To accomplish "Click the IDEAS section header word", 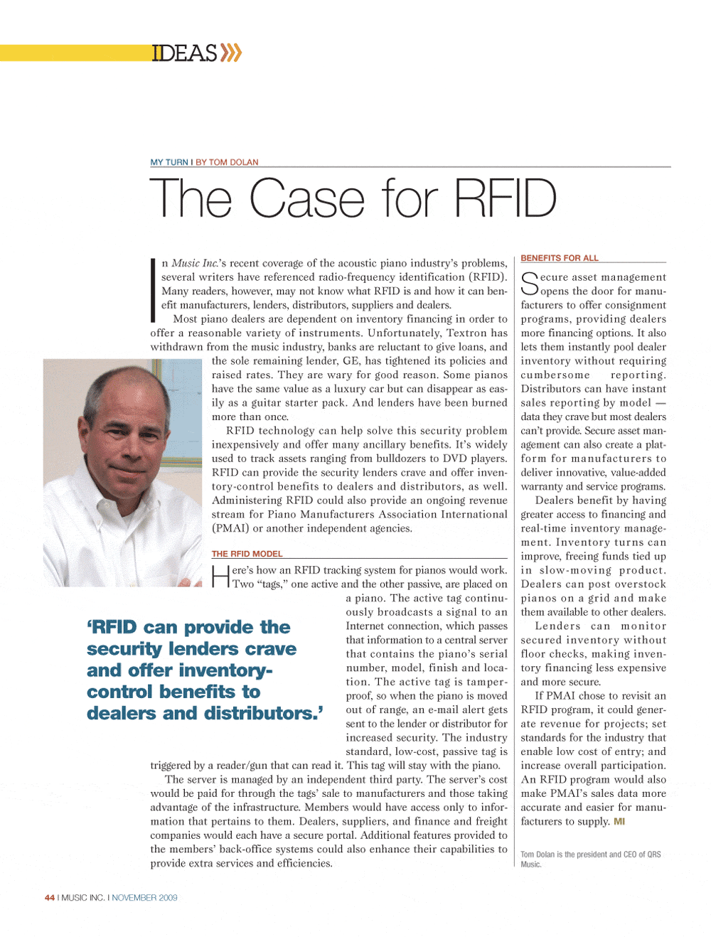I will [x=183, y=53].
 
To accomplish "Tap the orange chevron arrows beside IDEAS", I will [x=231, y=53].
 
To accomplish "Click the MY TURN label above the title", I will [x=169, y=162].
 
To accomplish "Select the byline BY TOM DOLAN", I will [x=227, y=162].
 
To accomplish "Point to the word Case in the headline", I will [x=307, y=198].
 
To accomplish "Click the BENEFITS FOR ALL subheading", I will [x=560, y=258].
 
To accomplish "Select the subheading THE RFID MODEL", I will [x=247, y=554].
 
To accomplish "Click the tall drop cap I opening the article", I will [x=153, y=290].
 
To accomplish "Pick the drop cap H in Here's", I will [x=220, y=576].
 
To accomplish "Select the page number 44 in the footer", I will [x=50, y=898].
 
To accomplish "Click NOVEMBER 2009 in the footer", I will [x=144, y=898].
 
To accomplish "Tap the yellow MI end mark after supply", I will [x=619, y=822].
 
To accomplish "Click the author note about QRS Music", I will [x=590, y=860].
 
